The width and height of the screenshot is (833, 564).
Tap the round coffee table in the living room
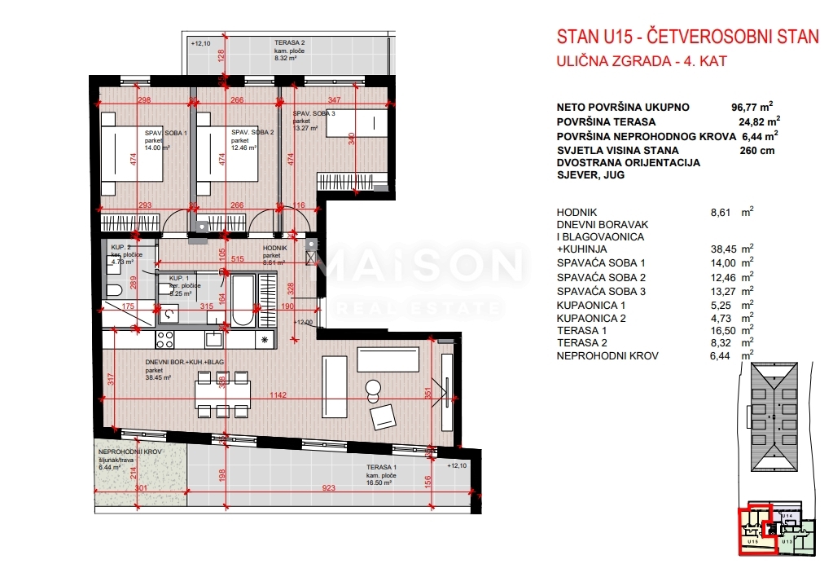pos(373,388)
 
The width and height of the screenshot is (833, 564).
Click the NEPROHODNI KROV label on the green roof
pos(130,452)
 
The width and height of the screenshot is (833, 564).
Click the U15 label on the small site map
pos(752,540)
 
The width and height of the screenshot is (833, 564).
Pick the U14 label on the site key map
pos(787,516)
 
